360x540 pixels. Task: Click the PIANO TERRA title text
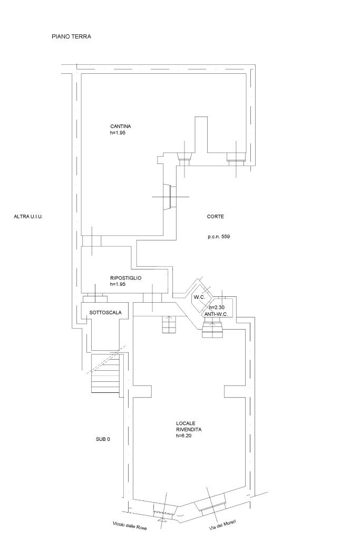pos(71,36)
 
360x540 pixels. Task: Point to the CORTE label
pos(216,217)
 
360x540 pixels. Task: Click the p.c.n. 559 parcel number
pos(219,237)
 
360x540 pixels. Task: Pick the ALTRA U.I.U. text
pos(28,217)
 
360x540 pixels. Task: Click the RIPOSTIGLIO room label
pos(125,278)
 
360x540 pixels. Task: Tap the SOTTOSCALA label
pos(105,313)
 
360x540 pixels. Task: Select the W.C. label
pos(199,297)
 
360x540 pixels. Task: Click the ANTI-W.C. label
pos(216,314)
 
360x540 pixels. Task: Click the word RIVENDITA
pos(189,430)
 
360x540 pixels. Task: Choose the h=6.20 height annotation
pos(184,436)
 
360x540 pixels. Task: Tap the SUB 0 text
pos(103,439)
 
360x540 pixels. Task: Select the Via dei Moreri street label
pos(222,525)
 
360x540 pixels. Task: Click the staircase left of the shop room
pos(105,374)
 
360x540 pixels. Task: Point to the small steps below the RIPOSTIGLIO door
pos(169,324)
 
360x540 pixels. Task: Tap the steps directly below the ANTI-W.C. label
pos(213,328)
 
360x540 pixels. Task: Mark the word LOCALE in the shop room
pos(186,423)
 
